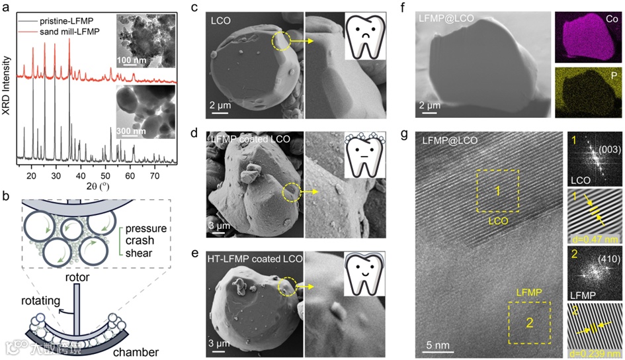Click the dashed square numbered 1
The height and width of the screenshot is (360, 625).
[x=497, y=192]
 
